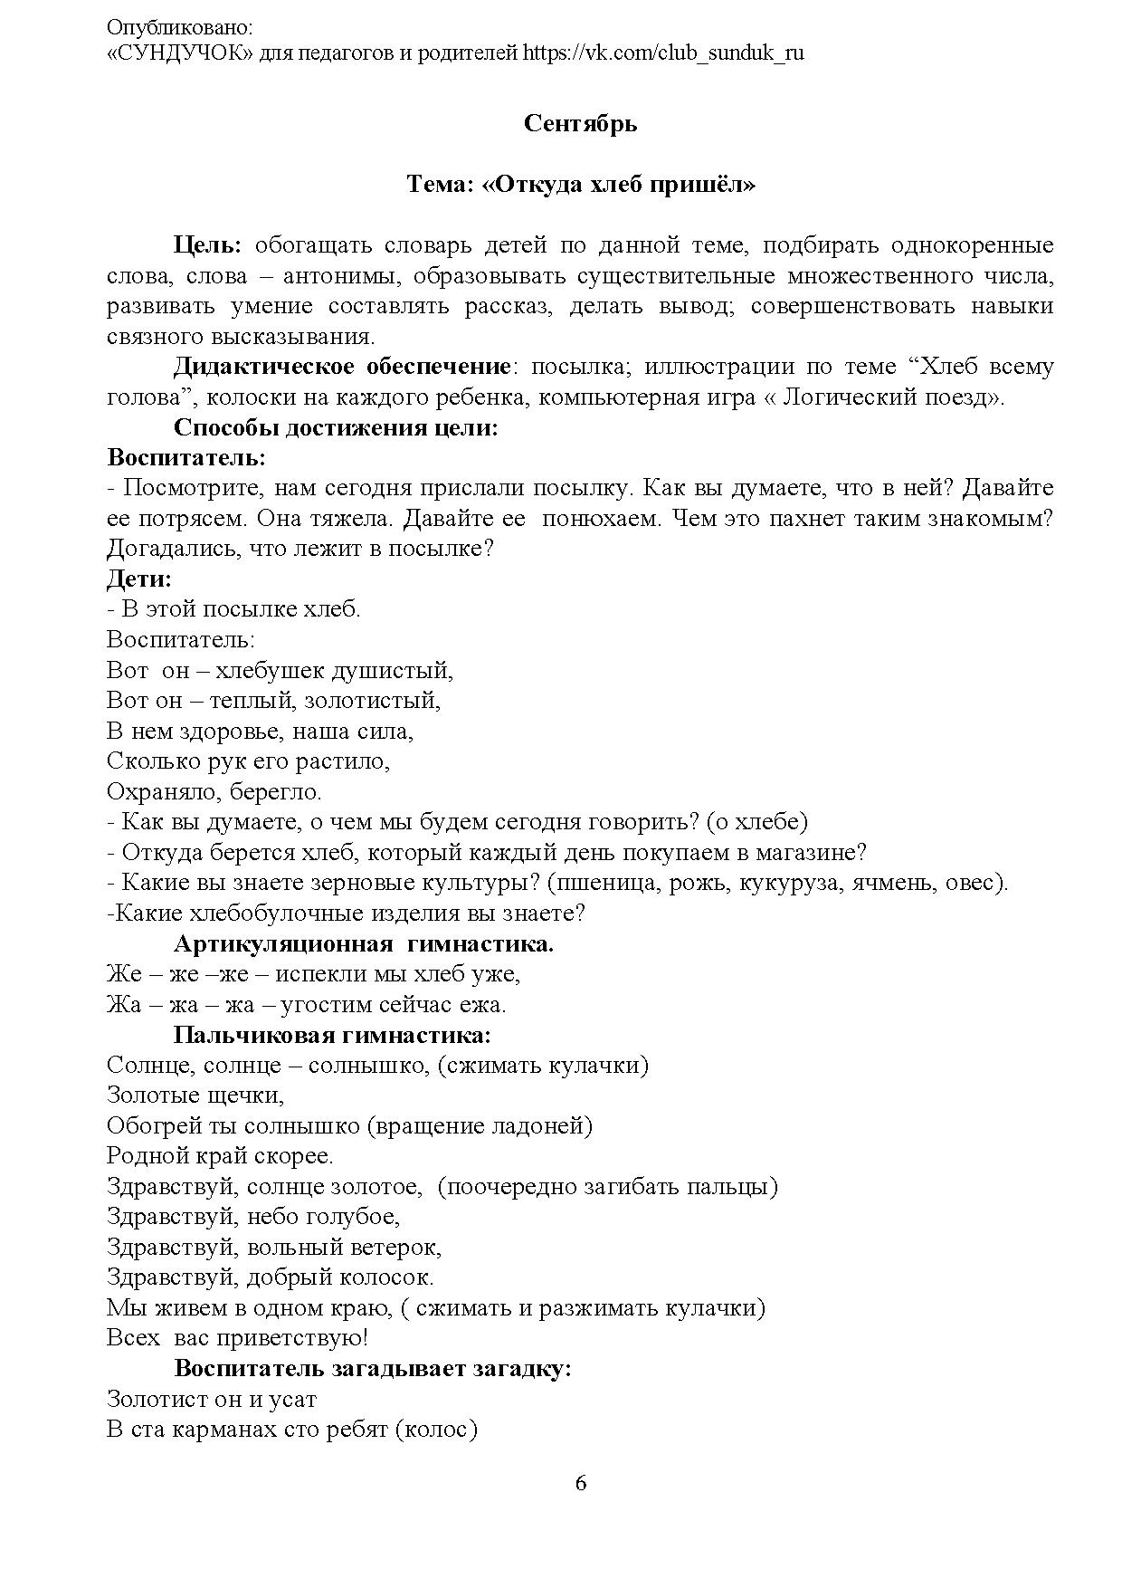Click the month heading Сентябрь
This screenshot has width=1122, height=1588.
point(580,123)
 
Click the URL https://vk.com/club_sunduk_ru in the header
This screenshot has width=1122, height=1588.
point(663,53)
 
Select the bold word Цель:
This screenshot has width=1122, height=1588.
point(207,244)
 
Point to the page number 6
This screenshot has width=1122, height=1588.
point(580,1483)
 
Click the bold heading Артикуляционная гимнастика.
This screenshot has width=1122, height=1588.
point(363,944)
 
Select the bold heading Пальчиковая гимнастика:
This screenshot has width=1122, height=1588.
point(332,1035)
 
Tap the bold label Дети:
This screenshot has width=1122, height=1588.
point(139,579)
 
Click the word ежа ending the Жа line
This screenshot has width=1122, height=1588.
point(485,1005)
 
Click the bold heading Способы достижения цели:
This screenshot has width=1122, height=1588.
point(336,427)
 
